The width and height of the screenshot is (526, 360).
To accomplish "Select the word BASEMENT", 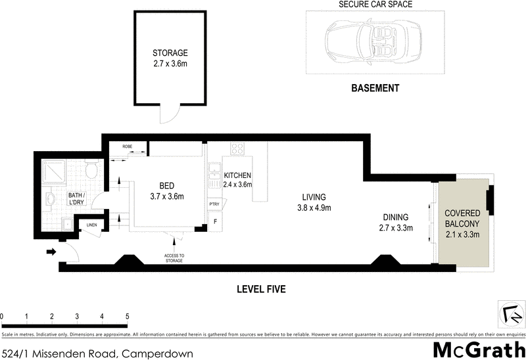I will pos(375,87).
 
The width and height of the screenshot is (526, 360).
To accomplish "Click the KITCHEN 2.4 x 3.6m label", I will pos(238,180).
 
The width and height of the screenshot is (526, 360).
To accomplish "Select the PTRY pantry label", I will pos(214,204).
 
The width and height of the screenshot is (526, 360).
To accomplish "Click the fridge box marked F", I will pos(215,221).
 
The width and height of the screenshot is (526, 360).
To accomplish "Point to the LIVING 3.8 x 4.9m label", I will pos(314,202).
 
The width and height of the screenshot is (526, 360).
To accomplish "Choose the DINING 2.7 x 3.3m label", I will pos(396,223).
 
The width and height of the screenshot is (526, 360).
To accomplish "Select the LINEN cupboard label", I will pos(91,227).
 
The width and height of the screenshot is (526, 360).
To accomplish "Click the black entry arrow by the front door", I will pos(50,251).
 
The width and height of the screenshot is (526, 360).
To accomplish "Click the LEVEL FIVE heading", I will pos(262,289).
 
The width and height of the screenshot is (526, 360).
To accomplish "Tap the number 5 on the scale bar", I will pos(127,316).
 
